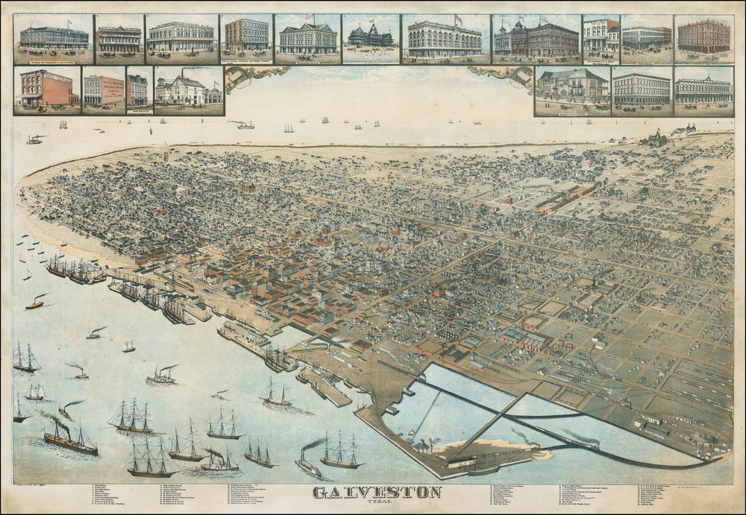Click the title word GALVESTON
coord(377,493)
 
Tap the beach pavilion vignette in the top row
coord(371,38)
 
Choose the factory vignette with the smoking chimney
coord(188,90)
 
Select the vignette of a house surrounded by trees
coord(571,89)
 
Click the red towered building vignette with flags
coord(536,38)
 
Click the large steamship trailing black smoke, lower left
coord(70,440)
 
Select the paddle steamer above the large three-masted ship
coord(161,377)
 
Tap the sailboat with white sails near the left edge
coord(34,393)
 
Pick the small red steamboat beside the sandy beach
coord(35,303)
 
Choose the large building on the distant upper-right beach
coord(656,139)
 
